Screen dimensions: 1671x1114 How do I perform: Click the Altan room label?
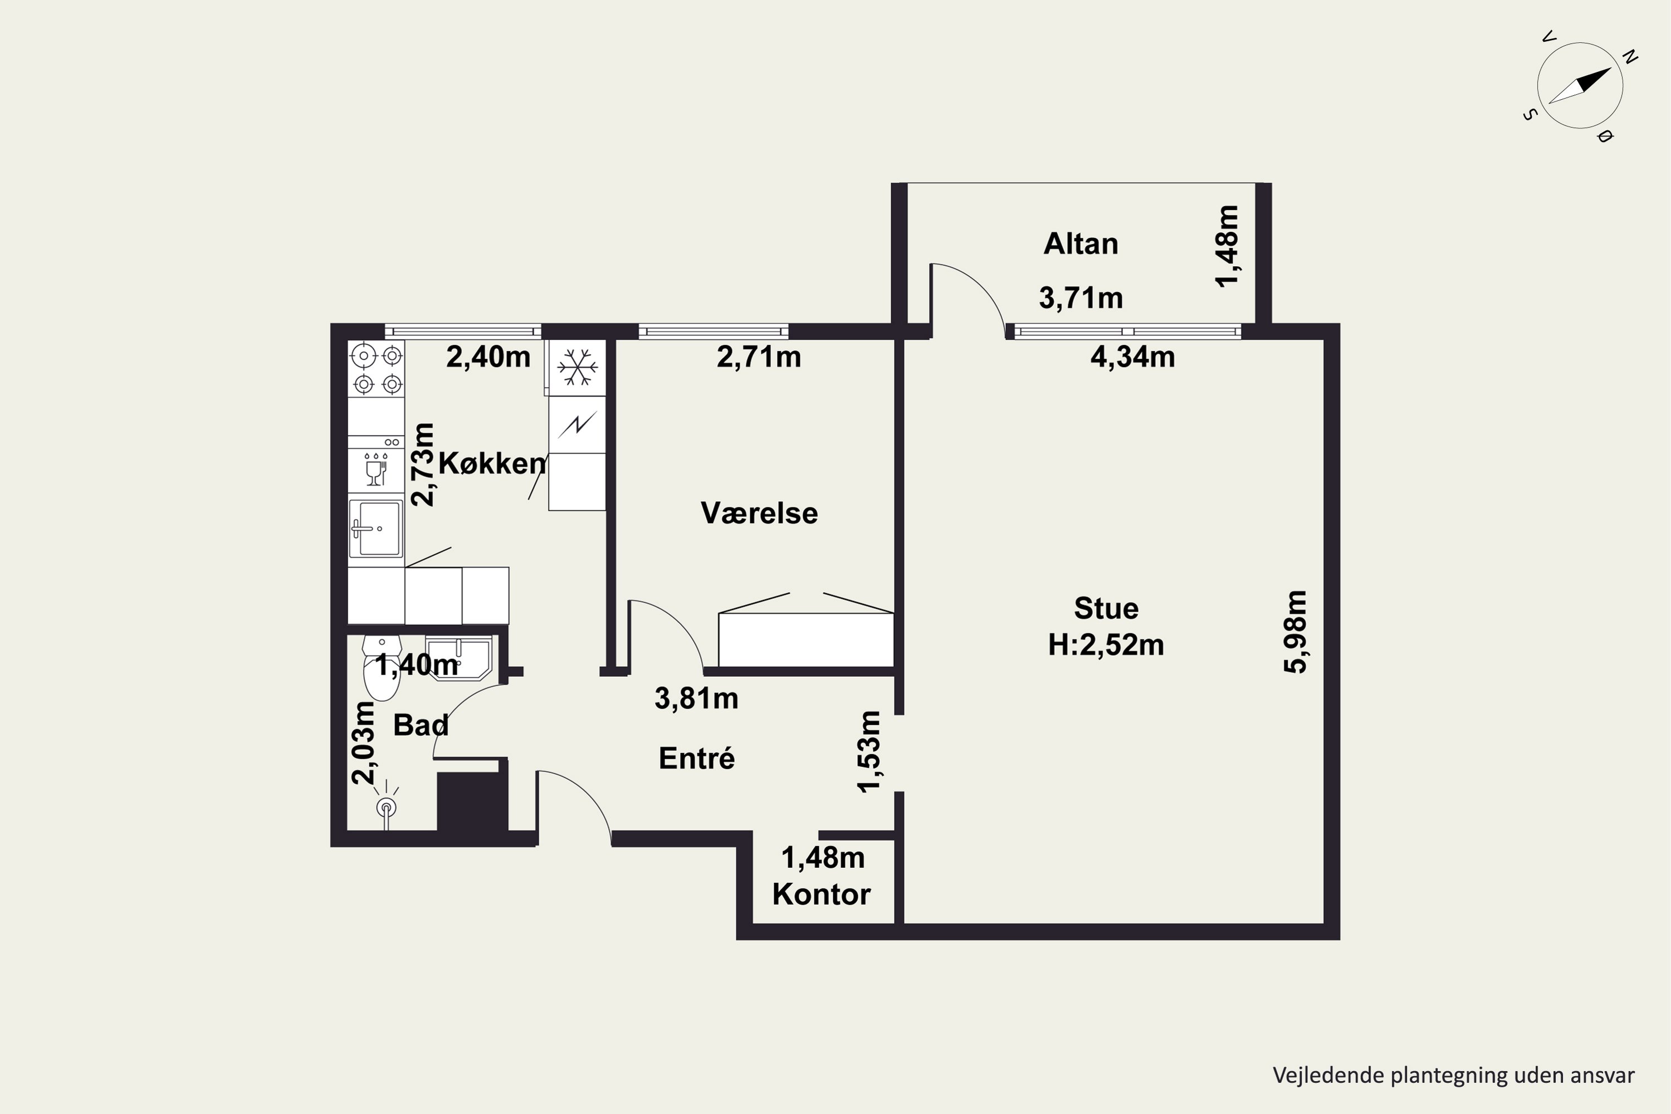[1081, 244]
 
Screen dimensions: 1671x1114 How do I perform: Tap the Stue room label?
[1106, 608]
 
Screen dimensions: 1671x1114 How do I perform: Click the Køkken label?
[492, 463]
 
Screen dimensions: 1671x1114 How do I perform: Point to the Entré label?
[696, 758]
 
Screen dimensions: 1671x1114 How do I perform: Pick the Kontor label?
[821, 895]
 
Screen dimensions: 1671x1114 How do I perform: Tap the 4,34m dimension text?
[1132, 356]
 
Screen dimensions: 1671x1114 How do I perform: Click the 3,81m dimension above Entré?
[696, 698]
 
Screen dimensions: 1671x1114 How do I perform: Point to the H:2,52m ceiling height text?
[1106, 645]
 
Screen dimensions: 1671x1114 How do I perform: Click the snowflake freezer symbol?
[577, 367]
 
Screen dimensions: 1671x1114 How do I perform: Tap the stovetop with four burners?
[376, 368]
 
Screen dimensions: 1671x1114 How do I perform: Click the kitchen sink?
[376, 529]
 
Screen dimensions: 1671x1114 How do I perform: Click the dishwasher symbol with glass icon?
[376, 470]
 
